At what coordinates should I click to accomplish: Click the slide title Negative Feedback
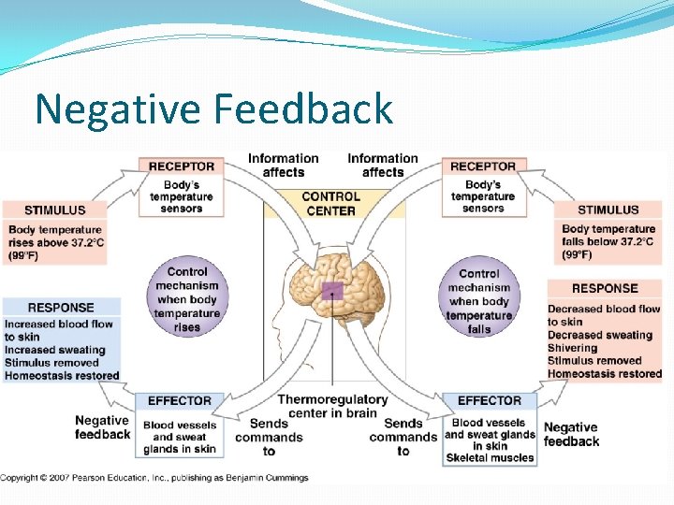coord(213,108)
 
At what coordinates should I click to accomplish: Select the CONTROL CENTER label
coord(330,203)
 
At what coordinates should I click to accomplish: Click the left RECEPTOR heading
coord(182,166)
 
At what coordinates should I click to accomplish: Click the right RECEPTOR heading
coord(483,166)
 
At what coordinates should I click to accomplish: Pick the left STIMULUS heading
coord(54,210)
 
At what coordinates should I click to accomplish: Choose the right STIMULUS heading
coord(608,210)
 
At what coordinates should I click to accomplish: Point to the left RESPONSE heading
coord(61,307)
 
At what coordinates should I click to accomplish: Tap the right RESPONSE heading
coord(605,288)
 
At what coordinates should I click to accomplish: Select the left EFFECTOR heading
coord(180,400)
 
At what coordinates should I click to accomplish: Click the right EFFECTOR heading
coord(490,400)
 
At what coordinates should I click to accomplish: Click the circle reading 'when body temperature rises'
coord(187,299)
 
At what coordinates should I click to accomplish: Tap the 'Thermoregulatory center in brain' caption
coord(332,406)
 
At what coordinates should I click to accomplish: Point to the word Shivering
coord(572,348)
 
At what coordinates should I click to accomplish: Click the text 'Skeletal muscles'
coord(490,458)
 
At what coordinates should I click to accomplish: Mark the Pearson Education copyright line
coord(154,478)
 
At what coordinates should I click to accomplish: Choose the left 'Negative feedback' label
coord(102,427)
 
